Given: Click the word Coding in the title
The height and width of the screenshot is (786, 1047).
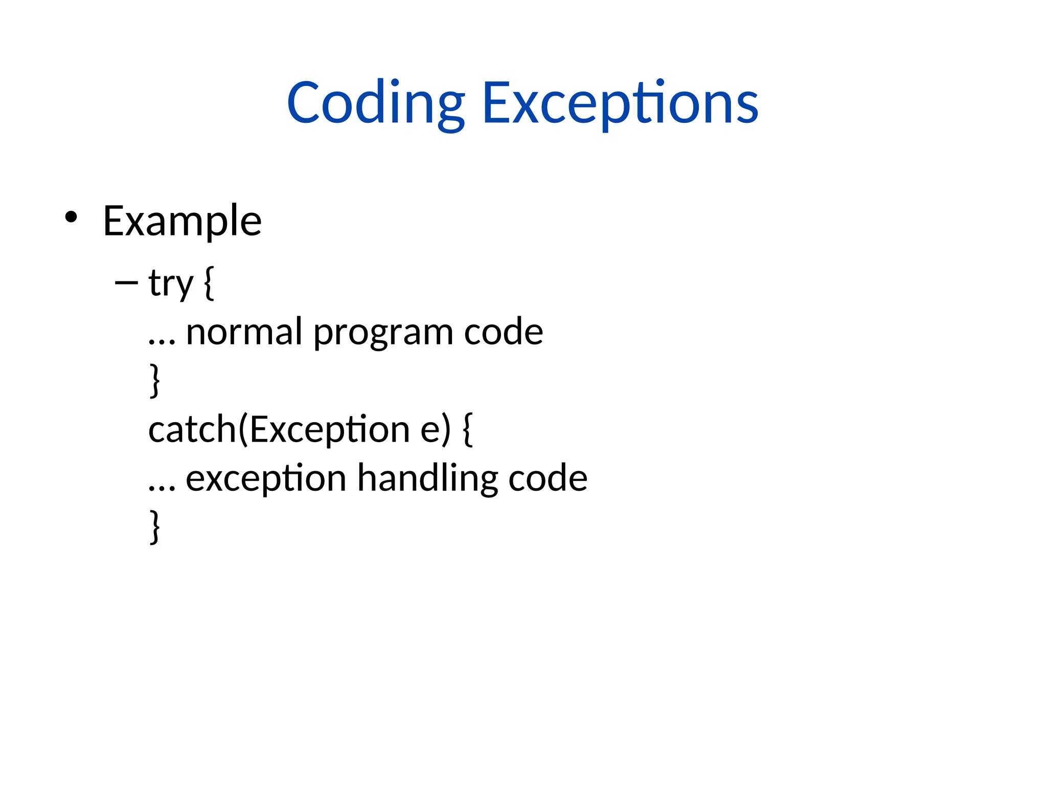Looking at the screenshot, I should [376, 104].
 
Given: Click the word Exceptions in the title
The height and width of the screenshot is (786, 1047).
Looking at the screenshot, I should [620, 104].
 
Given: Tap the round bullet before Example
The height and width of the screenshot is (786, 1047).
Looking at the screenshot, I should [71, 217].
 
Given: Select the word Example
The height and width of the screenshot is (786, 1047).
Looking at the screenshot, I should [182, 221].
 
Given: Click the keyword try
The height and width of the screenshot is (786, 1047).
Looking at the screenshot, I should [171, 283].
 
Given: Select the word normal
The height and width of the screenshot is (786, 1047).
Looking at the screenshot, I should [244, 332].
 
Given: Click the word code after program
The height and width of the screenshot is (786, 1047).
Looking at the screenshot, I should [503, 332].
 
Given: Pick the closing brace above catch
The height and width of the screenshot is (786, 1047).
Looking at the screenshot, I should [154, 380].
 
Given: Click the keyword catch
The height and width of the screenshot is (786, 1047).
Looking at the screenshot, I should [192, 429].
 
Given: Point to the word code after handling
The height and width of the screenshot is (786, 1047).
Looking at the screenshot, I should [548, 478].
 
